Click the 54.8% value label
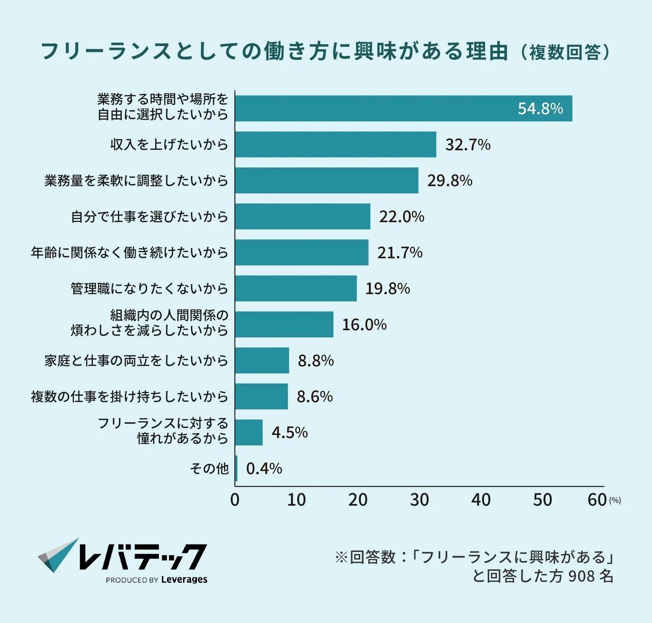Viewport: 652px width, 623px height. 540,108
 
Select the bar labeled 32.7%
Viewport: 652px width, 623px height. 335,144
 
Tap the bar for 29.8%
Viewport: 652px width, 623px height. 326,180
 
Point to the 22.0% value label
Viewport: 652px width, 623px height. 401,216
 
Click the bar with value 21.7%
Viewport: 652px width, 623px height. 302,252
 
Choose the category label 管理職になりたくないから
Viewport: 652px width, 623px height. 149,288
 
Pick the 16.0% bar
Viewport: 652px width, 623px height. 284,324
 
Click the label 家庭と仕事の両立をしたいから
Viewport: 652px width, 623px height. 136,360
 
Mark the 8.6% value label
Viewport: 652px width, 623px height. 314,396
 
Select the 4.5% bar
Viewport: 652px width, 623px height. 249,432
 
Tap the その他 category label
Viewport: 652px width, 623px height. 209,468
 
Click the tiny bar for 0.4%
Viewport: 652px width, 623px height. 236,468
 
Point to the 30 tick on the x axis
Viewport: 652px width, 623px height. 419,500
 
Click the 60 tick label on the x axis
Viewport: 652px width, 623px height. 597,500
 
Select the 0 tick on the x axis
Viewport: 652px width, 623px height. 235,500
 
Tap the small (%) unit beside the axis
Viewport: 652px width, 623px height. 615,500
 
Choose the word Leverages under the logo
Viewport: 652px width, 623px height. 184,580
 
